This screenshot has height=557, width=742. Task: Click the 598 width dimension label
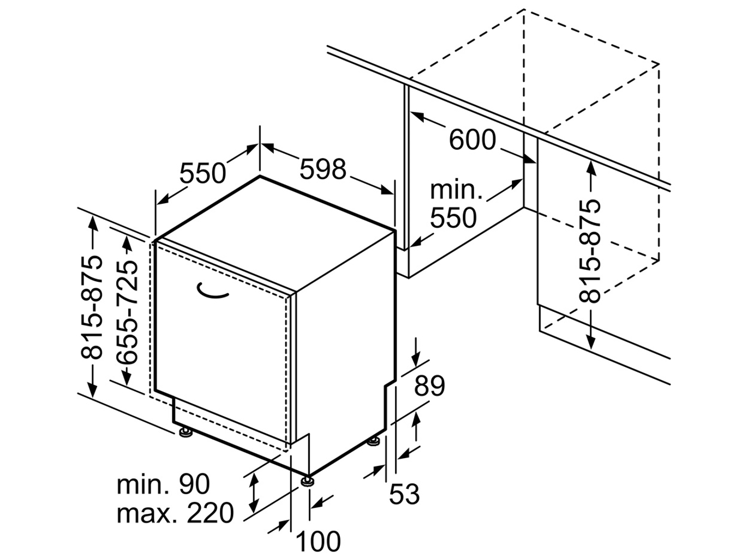point(323,169)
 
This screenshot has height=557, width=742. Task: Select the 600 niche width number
point(472,140)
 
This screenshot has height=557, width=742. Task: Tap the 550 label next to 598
point(203,174)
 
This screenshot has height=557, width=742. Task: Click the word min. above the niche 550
point(456,190)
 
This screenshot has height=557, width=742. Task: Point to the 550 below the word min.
point(453,218)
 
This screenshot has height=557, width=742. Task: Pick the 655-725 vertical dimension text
point(127,312)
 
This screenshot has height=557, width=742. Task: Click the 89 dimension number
point(429,386)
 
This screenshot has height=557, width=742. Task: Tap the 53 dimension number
point(404,495)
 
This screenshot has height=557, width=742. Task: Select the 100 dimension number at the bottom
point(318,541)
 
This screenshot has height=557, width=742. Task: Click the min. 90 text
point(163,484)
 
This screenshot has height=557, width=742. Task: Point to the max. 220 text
point(175,513)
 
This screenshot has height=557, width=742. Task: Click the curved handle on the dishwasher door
point(213,292)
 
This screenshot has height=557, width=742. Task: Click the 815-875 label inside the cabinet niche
point(590,251)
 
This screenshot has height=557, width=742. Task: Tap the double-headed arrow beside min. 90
point(254,490)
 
